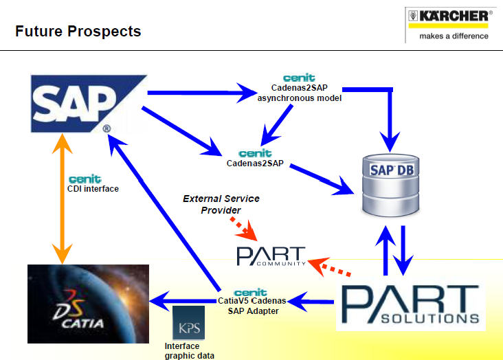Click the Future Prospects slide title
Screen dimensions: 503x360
click(x=78, y=32)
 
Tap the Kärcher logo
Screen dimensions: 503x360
click(x=450, y=25)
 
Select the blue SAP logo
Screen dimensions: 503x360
click(x=89, y=104)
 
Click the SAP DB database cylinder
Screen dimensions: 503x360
click(x=391, y=185)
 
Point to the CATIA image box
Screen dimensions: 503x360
click(x=88, y=304)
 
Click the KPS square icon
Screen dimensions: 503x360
click(x=188, y=323)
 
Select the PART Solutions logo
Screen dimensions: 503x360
click(x=411, y=304)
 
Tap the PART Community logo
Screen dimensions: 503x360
click(x=271, y=256)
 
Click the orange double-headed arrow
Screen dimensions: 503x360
click(x=63, y=199)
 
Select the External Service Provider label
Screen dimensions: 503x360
click(x=221, y=204)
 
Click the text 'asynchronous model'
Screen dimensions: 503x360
click(x=300, y=98)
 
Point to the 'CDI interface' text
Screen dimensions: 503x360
click(x=93, y=189)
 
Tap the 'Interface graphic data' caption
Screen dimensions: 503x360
click(x=189, y=350)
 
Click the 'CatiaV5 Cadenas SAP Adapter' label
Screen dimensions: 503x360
click(x=252, y=306)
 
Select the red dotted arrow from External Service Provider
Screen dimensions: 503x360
click(x=244, y=229)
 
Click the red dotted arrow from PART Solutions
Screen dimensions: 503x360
click(x=329, y=267)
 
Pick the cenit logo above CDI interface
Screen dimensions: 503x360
click(x=85, y=179)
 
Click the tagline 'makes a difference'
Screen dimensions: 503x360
click(x=454, y=36)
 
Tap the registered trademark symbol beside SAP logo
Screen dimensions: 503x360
click(x=107, y=128)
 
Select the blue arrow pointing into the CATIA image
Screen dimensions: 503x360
click(x=183, y=302)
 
